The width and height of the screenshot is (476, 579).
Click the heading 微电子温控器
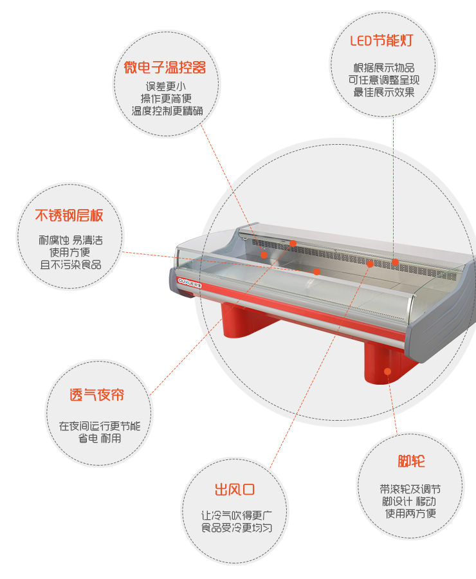pyautogui.click(x=165, y=68)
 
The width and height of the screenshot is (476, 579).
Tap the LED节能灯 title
pyautogui.click(x=381, y=41)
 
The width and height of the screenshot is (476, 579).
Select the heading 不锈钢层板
pyautogui.click(x=69, y=216)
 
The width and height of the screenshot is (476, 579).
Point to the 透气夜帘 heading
pyautogui.click(x=96, y=395)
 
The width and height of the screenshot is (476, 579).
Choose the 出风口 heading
pyautogui.click(x=235, y=490)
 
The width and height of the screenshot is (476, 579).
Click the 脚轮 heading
pyautogui.click(x=411, y=461)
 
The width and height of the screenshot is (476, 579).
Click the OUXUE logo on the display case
pyautogui.click(x=190, y=283)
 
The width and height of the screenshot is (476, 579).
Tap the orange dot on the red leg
pyautogui.click(x=387, y=371)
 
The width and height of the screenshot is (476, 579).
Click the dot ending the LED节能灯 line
pyautogui.click(x=395, y=262)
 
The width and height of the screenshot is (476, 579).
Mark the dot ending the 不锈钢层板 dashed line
pyautogui.click(x=316, y=271)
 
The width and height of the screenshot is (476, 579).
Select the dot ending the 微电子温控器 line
pyautogui.click(x=264, y=255)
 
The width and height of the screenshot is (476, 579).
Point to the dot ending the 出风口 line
pyautogui.click(x=370, y=264)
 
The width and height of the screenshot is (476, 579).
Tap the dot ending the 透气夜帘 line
pyautogui.click(x=293, y=243)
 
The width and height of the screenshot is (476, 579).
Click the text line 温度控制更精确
pyautogui.click(x=167, y=111)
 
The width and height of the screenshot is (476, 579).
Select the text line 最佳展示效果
pyautogui.click(x=384, y=92)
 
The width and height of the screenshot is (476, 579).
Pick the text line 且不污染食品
pyautogui.click(x=71, y=265)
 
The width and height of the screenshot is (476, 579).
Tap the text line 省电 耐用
pyautogui.click(x=100, y=438)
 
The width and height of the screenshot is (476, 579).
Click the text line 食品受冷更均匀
pyautogui.click(x=237, y=528)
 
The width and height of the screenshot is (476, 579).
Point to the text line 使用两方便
pyautogui.click(x=410, y=513)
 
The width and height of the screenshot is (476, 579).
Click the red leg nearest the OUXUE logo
pyautogui.click(x=246, y=320)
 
